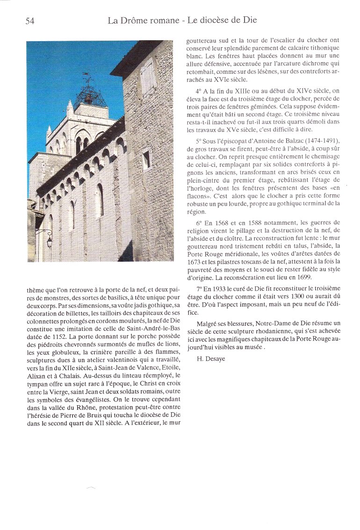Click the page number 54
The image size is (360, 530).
pyautogui.click(x=29, y=21)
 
